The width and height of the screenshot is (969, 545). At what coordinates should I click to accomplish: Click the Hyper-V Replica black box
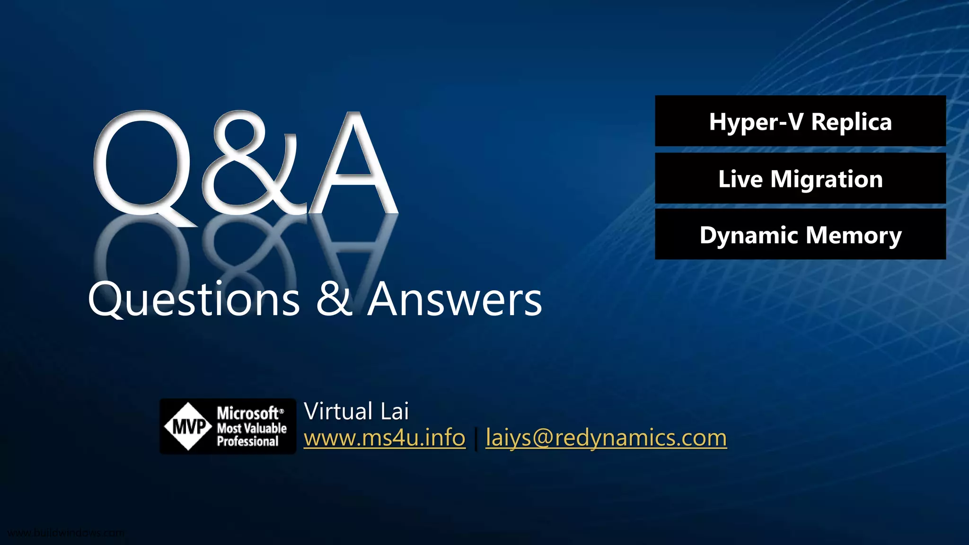point(800,121)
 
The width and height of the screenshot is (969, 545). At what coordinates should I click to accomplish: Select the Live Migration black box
point(800,178)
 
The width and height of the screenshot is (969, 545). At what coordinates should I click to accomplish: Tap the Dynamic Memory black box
point(800,235)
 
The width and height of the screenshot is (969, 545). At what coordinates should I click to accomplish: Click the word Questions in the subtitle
point(194,300)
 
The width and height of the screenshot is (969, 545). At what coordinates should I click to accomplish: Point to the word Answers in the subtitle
point(455,300)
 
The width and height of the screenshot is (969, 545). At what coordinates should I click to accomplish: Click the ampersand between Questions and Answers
point(334,299)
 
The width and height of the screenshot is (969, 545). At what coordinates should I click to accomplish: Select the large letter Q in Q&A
point(142,163)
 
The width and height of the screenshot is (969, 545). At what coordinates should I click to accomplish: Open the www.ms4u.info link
point(384,438)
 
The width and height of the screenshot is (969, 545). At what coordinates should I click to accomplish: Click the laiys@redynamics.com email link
point(606,438)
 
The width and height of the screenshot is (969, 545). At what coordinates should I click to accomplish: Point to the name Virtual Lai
point(356,411)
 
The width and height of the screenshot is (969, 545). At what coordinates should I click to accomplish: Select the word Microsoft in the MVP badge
point(248,413)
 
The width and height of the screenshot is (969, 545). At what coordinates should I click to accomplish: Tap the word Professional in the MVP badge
point(247,442)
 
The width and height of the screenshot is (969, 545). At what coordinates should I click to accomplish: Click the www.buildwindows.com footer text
point(66,533)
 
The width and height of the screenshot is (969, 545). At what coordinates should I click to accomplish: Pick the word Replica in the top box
point(851,122)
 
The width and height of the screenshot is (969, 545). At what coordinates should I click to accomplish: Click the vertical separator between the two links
point(476,439)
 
